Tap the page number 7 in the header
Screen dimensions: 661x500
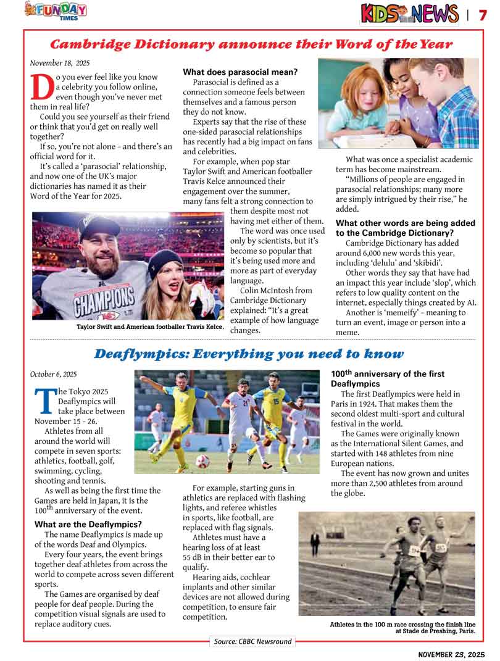coord(483,14)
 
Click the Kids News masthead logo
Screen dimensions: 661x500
coord(409,14)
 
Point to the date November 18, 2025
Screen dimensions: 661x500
coord(60,62)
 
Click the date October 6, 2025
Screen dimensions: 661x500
coord(54,374)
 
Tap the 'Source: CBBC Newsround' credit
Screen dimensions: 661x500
coord(252,641)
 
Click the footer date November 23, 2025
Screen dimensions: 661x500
coord(451,654)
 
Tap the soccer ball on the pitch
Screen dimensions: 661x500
coord(202,461)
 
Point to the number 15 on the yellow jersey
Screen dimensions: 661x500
coord(277,402)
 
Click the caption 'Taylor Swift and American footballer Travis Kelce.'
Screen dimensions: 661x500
coord(150,326)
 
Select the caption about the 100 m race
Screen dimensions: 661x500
coord(402,628)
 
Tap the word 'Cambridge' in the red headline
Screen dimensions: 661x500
coord(92,44)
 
